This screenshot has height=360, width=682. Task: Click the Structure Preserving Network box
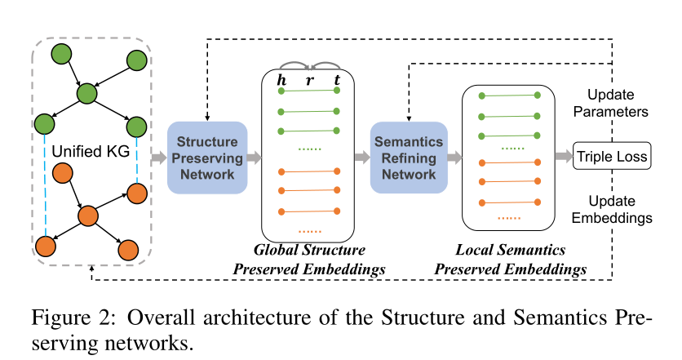tap(207, 158)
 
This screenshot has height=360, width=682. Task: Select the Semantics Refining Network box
tap(409, 158)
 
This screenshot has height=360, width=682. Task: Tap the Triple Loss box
tap(613, 156)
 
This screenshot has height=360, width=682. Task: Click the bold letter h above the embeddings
tap(282, 81)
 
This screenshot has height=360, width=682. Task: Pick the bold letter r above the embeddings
tap(309, 81)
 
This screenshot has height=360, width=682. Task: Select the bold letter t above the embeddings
tap(336, 81)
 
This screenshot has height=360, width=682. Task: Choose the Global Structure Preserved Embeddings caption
tap(310, 259)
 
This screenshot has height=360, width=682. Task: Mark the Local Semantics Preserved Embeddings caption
tap(511, 259)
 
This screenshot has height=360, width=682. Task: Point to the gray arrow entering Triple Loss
tap(563, 157)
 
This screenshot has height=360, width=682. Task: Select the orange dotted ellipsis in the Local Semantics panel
tap(509, 219)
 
